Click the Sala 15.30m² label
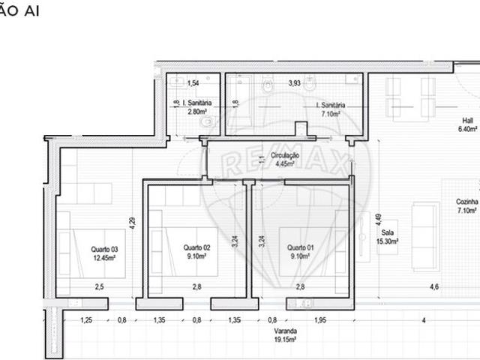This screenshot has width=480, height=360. pos(388,238)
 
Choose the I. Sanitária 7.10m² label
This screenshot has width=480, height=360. pos(330,110)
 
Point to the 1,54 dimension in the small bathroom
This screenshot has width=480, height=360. pos(193,82)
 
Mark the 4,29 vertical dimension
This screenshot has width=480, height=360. pos(132,222)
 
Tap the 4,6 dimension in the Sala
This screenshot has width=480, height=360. pos(434,286)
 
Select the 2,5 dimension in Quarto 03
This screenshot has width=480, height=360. pos(99,286)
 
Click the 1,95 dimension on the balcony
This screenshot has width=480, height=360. pos(320,320)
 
